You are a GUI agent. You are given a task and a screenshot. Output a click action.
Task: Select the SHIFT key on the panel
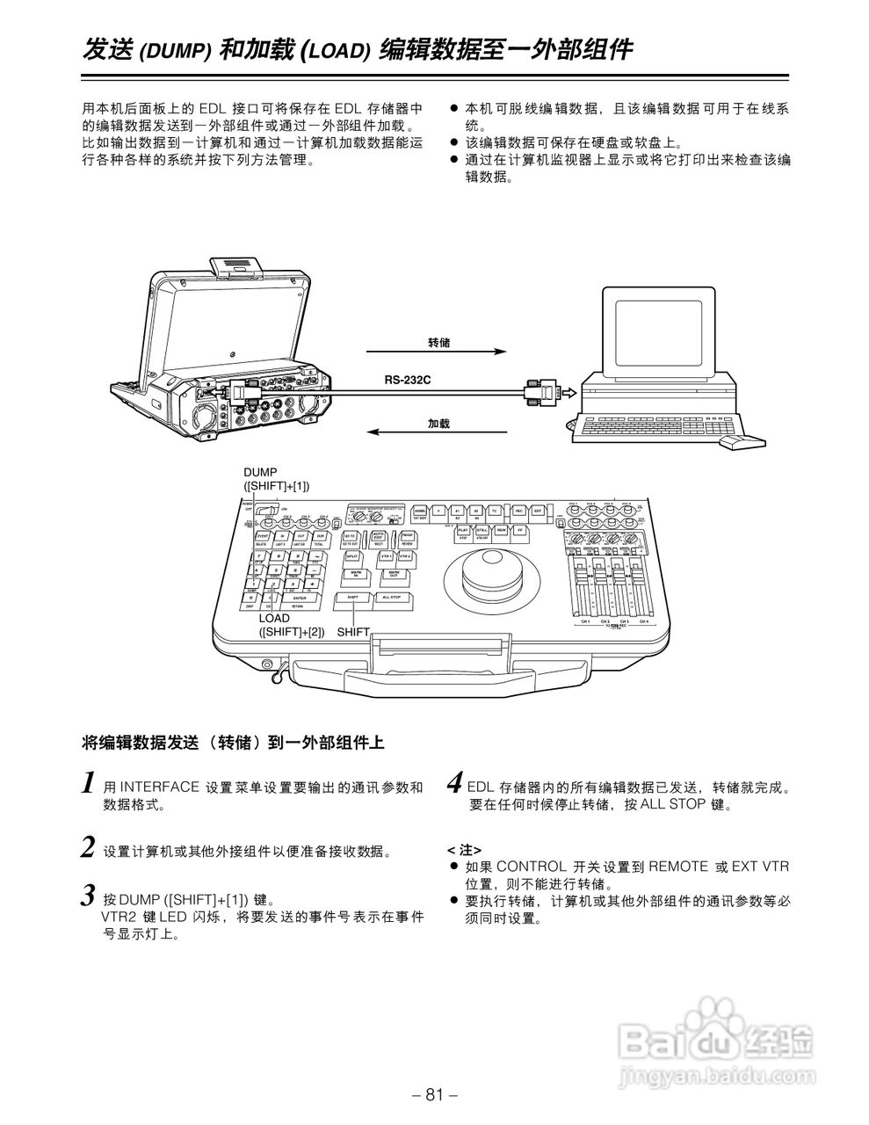352,597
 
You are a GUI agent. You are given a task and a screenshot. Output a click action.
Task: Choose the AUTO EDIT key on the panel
379,535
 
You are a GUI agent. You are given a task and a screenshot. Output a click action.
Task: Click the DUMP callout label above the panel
260,473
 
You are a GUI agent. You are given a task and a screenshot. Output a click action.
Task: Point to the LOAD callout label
274,618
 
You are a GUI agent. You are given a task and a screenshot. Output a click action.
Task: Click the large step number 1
88,782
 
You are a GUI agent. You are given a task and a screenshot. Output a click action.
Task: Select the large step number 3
88,896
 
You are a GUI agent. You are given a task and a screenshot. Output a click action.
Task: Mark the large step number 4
455,782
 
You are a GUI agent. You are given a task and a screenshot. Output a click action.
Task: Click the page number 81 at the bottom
434,1095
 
